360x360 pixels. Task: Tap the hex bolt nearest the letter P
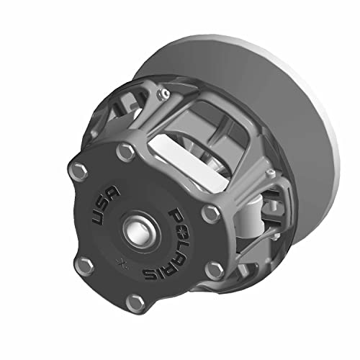[209, 212]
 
